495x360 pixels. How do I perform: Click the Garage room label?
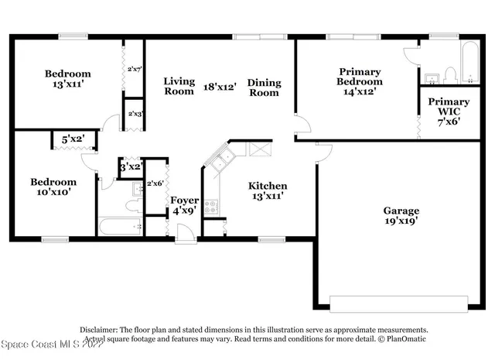pyautogui.click(x=401, y=211)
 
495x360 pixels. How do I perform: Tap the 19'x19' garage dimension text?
pyautogui.click(x=401, y=222)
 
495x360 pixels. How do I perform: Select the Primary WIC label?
pyautogui.click(x=449, y=107)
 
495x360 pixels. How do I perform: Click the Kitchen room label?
pyautogui.click(x=268, y=186)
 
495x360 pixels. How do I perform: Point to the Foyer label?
pyautogui.click(x=184, y=200)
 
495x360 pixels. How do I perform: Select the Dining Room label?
pyautogui.click(x=264, y=87)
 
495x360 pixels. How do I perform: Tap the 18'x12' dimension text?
pyautogui.click(x=220, y=87)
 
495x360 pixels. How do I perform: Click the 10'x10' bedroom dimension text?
pyautogui.click(x=51, y=194)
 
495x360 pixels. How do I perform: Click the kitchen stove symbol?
pyautogui.click(x=211, y=207)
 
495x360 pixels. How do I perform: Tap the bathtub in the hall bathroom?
pyautogui.click(x=121, y=228)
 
